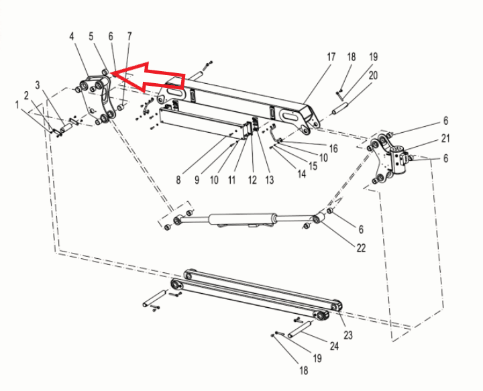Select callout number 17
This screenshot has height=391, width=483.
coord(331,58)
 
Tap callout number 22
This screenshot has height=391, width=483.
coord(361,248)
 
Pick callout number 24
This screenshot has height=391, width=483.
coord(333,346)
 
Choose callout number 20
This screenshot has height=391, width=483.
coord(373,76)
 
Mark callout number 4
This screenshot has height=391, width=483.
coord(72,37)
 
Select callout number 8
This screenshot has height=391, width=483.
coord(178,180)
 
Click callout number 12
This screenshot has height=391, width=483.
coord(252,180)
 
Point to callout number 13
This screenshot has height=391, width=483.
coord(270,180)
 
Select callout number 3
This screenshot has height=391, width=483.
coord(38,85)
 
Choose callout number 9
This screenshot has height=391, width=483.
coord(197,180)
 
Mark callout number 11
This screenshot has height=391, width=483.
coord(232,180)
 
